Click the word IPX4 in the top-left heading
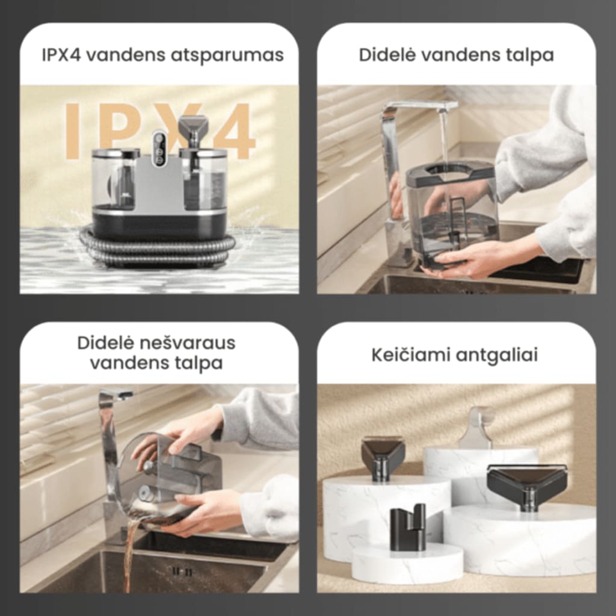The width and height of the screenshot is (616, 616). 63,55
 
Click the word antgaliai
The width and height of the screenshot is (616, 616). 496,355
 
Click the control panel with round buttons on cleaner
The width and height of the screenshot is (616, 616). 159,148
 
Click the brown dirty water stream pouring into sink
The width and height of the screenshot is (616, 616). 128,553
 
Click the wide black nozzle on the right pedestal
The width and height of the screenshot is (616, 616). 527,484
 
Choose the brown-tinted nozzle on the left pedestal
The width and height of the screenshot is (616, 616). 383,457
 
